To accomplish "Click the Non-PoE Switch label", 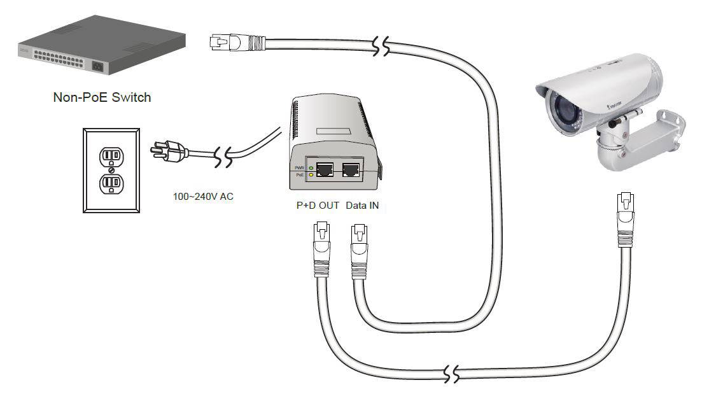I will click(x=102, y=97).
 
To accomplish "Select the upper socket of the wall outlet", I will click(x=112, y=155).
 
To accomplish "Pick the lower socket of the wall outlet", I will click(x=112, y=185).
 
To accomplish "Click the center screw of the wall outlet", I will click(x=112, y=170).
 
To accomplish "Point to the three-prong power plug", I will click(x=167, y=151).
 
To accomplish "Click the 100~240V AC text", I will click(x=203, y=197).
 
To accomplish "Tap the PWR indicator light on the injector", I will click(x=310, y=167).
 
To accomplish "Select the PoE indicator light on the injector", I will click(x=310, y=174).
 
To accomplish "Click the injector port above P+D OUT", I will click(x=325, y=169).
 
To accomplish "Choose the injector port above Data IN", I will click(x=351, y=169).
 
